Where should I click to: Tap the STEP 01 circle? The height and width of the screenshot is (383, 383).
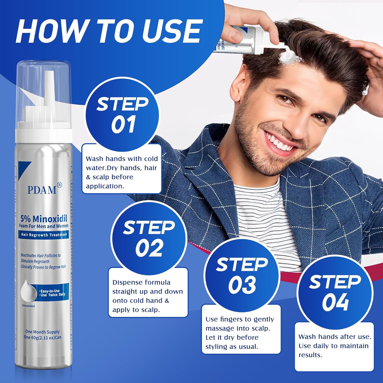click(122, 115)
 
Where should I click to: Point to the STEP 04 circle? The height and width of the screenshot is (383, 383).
click(335, 292)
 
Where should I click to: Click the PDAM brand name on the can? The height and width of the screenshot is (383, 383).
click(42, 190)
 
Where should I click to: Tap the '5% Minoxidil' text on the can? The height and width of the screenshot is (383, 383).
click(44, 219)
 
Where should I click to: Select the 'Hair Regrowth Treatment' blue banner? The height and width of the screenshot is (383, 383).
click(44, 235)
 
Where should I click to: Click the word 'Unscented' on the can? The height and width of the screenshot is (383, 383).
click(28, 306)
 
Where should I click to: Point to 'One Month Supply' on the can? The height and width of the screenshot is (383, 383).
click(42, 332)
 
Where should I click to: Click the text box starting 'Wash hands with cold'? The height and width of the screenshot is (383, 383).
click(122, 172)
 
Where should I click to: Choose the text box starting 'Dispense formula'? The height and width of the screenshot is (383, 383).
click(148, 296)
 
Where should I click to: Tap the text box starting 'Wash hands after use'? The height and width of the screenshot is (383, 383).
click(334, 346)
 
